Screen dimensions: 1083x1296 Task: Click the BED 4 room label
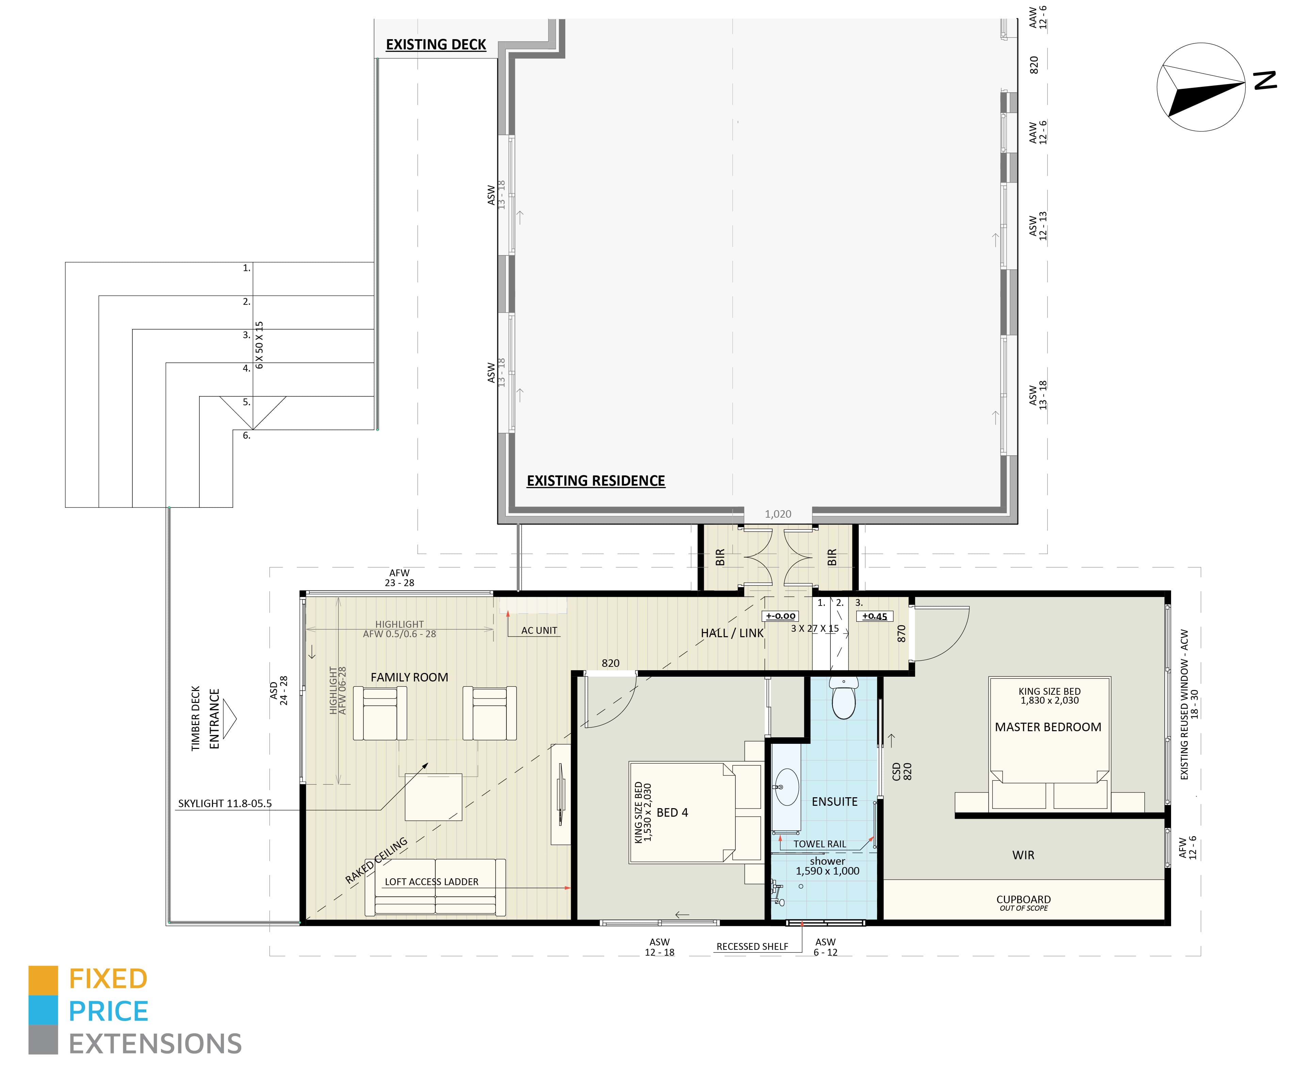click(672, 813)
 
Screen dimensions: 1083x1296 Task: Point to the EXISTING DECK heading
click(436, 45)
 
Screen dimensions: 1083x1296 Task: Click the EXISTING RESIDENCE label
click(596, 481)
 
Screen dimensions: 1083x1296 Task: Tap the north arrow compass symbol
click(1200, 87)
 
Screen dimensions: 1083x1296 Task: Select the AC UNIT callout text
click(539, 630)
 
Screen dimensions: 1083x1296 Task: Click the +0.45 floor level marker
click(874, 616)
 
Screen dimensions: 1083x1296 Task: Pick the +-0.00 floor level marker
click(781, 616)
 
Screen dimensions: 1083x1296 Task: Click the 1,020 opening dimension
click(778, 514)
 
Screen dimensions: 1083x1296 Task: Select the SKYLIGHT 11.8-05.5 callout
click(225, 803)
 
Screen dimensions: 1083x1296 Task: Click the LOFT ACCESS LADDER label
click(432, 882)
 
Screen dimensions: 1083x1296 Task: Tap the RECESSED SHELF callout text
click(752, 946)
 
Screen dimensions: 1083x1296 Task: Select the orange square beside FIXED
click(43, 980)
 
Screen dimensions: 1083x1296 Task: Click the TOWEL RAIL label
click(820, 844)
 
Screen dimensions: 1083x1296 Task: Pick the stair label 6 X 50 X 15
click(259, 345)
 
